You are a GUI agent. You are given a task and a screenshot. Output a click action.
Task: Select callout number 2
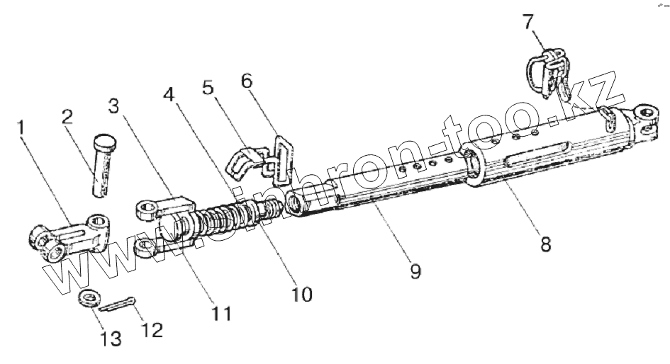(x=68, y=118)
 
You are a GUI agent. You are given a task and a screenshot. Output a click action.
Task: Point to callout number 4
(x=169, y=94)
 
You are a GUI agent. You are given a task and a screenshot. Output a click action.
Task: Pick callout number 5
(x=208, y=87)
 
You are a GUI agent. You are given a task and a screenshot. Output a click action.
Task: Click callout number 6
(x=246, y=80)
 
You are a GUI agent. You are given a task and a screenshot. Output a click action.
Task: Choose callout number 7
(x=528, y=22)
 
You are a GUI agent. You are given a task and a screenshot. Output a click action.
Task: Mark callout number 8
(x=545, y=245)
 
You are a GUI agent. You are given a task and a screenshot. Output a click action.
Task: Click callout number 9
(x=415, y=271)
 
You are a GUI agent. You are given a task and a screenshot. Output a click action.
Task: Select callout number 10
(x=301, y=293)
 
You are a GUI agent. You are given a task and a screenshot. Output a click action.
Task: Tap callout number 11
(x=222, y=312)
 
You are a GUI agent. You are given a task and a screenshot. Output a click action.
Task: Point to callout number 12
(x=152, y=329)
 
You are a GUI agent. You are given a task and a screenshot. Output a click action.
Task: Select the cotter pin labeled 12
(x=118, y=305)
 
